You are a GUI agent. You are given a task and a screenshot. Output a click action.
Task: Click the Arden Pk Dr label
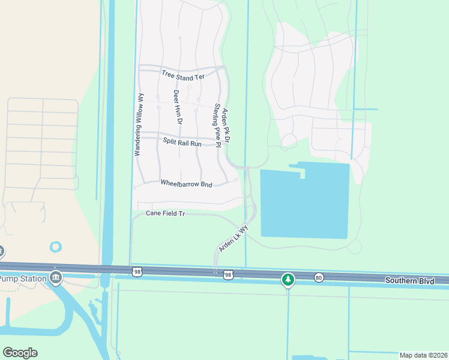[x=227, y=122]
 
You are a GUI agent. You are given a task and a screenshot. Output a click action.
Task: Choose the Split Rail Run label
[x=182, y=142]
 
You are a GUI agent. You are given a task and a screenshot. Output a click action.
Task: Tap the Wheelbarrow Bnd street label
[x=187, y=184]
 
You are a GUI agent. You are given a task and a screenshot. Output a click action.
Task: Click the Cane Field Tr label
[x=165, y=214]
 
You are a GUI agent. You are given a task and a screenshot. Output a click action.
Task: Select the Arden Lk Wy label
[x=234, y=239]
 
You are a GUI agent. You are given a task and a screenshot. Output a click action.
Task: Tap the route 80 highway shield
[x=318, y=277]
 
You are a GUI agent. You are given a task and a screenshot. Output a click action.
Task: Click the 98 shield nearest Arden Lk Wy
[x=228, y=275]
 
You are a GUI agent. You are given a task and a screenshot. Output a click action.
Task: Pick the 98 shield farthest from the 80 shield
[x=137, y=272]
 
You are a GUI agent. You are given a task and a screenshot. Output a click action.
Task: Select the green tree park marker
[x=289, y=280]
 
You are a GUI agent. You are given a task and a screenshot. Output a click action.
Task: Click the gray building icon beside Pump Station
[x=56, y=277]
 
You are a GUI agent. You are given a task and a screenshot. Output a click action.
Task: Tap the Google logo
[x=20, y=353]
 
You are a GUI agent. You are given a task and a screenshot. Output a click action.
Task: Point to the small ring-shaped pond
[x=56, y=247]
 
